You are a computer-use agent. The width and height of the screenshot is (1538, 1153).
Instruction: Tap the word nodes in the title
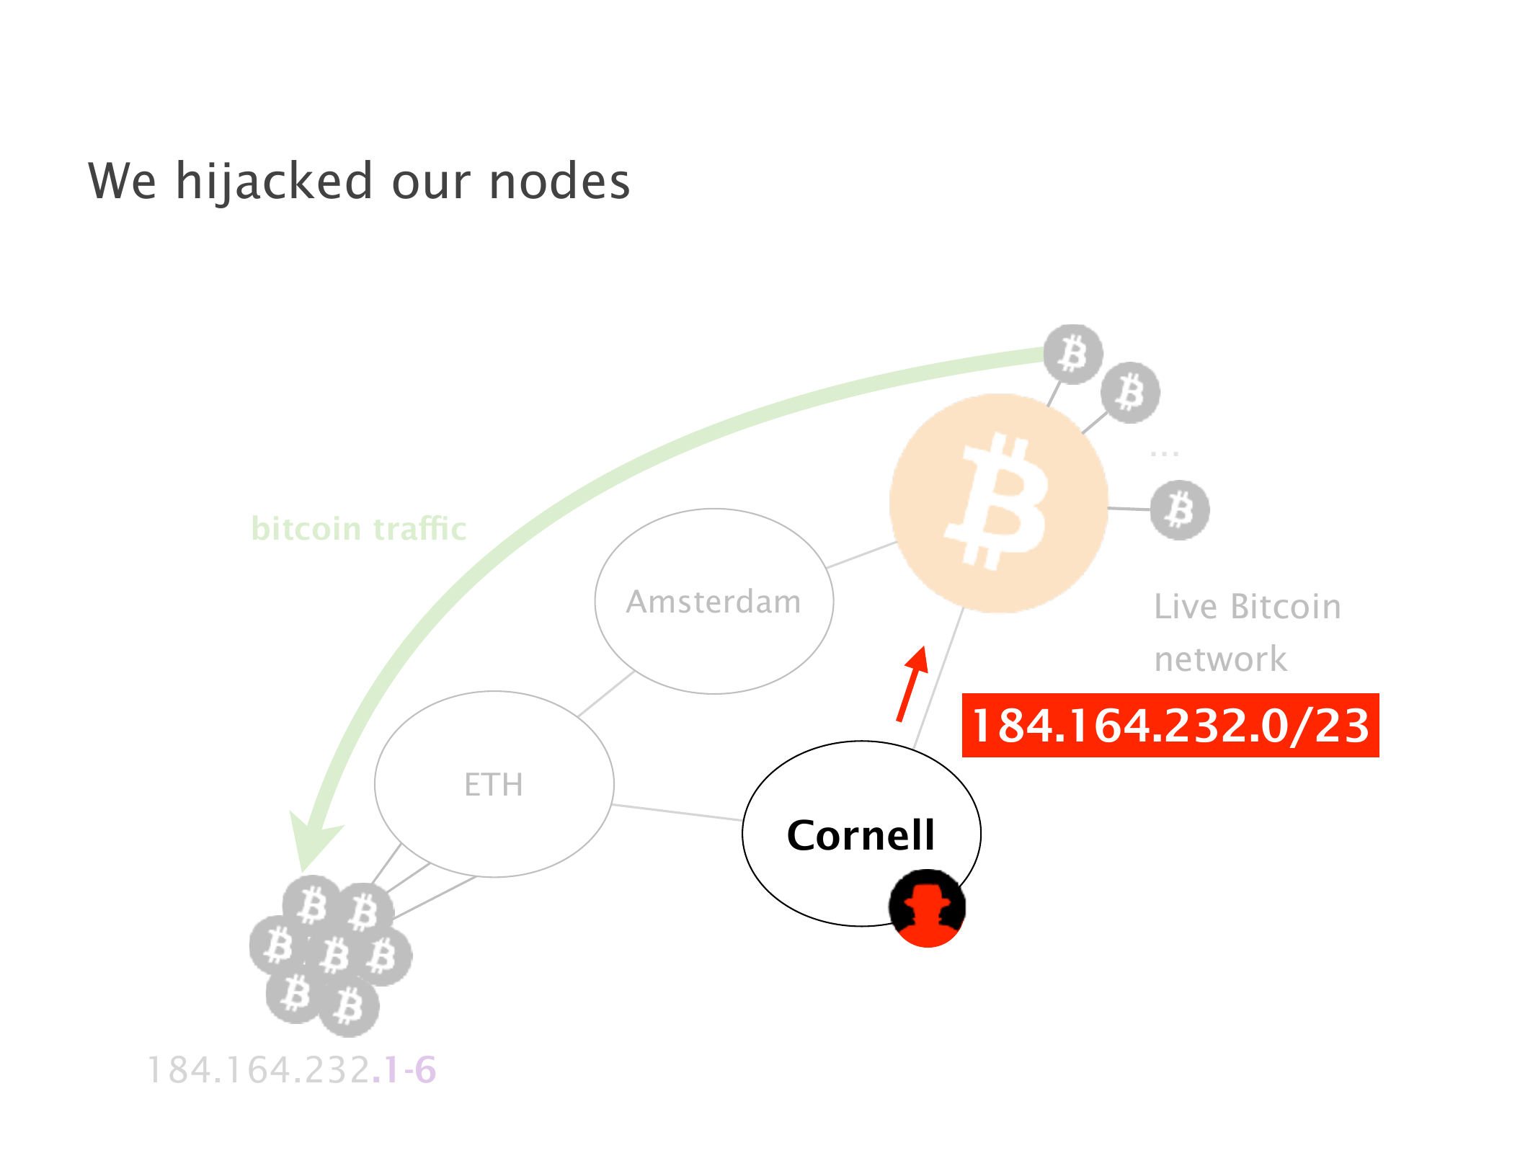559,182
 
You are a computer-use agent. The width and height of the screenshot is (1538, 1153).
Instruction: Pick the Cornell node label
861,835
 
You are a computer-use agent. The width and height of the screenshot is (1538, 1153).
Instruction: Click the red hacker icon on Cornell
927,908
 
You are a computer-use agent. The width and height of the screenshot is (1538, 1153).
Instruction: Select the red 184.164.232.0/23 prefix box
1170,725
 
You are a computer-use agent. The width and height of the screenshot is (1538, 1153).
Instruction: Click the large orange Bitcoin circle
999,503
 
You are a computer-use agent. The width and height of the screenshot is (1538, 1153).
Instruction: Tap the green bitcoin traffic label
359,529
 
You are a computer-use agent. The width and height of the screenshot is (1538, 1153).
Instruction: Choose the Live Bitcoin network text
1247,633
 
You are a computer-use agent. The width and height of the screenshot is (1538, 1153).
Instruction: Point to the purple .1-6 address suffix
404,1069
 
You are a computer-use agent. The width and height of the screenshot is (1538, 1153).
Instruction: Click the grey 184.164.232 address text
259,1069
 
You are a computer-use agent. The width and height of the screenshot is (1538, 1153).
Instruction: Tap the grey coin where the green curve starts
1073,354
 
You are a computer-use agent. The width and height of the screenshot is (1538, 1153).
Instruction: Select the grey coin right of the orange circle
1179,509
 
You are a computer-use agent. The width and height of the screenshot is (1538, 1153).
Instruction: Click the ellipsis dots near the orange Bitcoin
1164,453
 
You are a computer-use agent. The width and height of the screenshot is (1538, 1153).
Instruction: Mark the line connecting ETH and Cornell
677,812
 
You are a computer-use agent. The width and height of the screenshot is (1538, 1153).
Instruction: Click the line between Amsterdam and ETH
605,694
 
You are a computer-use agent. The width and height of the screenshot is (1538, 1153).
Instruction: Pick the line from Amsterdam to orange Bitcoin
861,555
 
